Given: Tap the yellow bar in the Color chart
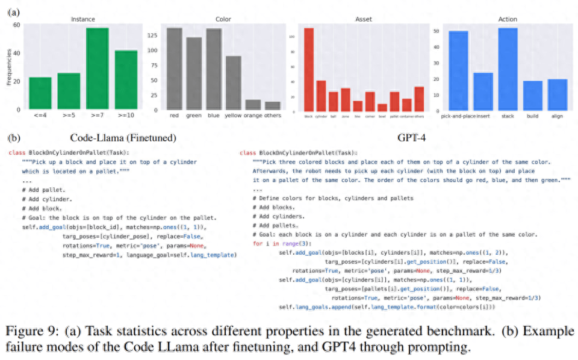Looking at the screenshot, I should pyautogui.click(x=233, y=83).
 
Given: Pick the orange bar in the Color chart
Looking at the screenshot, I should pyautogui.click(x=253, y=105).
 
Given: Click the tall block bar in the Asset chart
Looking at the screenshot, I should pyautogui.click(x=309, y=70).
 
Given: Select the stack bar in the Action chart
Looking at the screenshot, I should pyautogui.click(x=508, y=69).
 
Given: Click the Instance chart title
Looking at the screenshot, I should pyautogui.click(x=82, y=19).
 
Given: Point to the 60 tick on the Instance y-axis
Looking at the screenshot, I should pyautogui.click(x=17, y=25).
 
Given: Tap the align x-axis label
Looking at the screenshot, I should pyautogui.click(x=558, y=116).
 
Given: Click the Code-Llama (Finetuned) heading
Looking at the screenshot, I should pyautogui.click(x=123, y=138).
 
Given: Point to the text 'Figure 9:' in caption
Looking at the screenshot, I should pyautogui.click(x=28, y=332).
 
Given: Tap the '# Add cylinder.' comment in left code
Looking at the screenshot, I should pyautogui.click(x=47, y=199).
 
